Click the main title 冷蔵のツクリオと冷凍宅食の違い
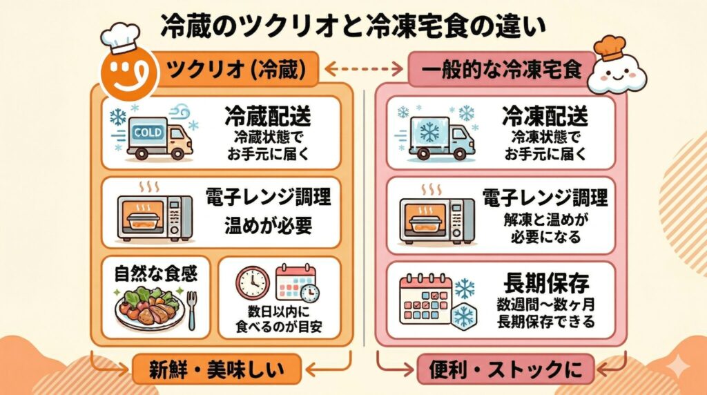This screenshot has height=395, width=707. (353, 26)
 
